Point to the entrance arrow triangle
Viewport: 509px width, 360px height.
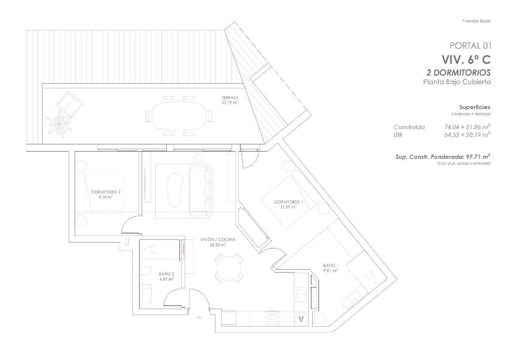tap(200, 317)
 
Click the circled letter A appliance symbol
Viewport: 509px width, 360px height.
tap(301, 319)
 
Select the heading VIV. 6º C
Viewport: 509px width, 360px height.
tap(466, 60)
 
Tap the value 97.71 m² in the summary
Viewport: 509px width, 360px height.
tap(475, 157)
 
